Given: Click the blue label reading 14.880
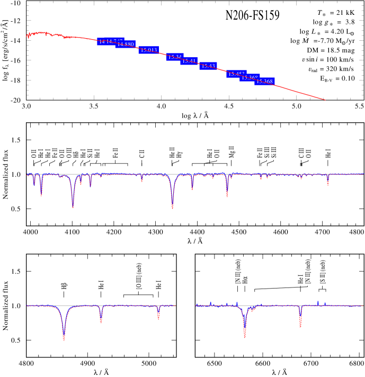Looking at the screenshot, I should pos(126,44).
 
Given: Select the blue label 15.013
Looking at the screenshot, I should pos(149,50).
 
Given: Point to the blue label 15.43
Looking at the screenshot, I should pos(208,66).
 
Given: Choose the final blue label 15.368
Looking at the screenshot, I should pos(264,82).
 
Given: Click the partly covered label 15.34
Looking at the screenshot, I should pos(174,57).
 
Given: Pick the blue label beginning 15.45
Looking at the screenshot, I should pos(235,74).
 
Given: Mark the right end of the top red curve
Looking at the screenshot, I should pos(325,100).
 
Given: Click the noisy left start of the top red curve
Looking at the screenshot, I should pos(28,36).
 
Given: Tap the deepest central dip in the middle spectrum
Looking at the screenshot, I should pos(173,207).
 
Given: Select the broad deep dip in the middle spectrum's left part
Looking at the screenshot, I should pos(73,205).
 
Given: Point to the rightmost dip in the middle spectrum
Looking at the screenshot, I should pos(328,184).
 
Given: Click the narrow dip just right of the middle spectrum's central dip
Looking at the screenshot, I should pos(192,188).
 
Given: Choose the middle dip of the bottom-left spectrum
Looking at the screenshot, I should pos(101,320).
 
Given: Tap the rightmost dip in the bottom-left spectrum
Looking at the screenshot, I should pos(158,318).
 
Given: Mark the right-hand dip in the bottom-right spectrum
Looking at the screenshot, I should pos(300,325).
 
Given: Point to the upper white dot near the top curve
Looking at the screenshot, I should pos(302,65).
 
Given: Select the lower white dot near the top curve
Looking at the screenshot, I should pos(308,74).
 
